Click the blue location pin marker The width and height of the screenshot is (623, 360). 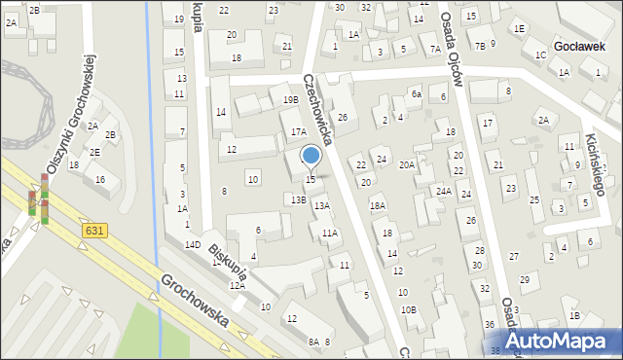(x=311, y=157)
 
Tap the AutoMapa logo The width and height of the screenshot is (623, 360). (x=560, y=340)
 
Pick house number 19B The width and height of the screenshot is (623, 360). (x=290, y=99)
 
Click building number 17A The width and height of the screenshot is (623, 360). (x=299, y=131)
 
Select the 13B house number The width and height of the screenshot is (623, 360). (x=299, y=199)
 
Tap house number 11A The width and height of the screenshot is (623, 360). (x=330, y=233)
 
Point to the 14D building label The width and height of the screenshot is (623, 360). (x=193, y=244)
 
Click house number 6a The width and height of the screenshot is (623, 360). (x=416, y=93)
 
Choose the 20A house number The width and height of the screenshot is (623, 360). (x=407, y=164)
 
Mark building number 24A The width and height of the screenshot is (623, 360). (x=443, y=191)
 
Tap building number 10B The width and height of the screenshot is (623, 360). (x=409, y=309)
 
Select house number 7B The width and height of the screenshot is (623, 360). (x=480, y=46)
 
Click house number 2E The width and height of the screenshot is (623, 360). (x=94, y=152)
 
